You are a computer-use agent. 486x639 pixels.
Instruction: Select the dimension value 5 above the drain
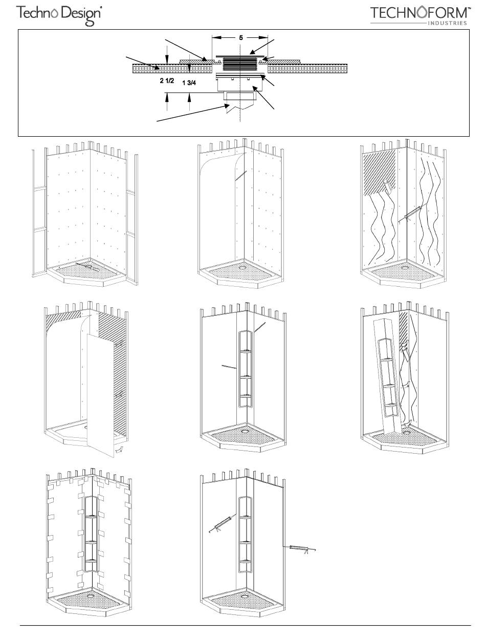coord(240,37)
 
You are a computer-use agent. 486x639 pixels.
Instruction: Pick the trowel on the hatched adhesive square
coord(387,186)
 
